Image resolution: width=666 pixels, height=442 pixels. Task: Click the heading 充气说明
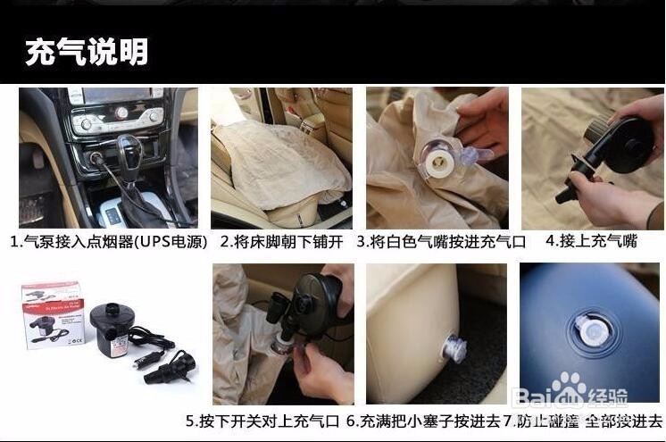coord(87,51)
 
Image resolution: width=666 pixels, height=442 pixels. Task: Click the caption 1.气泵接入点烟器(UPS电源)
coord(109,241)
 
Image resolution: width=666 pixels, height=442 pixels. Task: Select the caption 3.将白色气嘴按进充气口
coord(441,241)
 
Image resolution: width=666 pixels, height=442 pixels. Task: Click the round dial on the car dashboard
coord(121,113)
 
